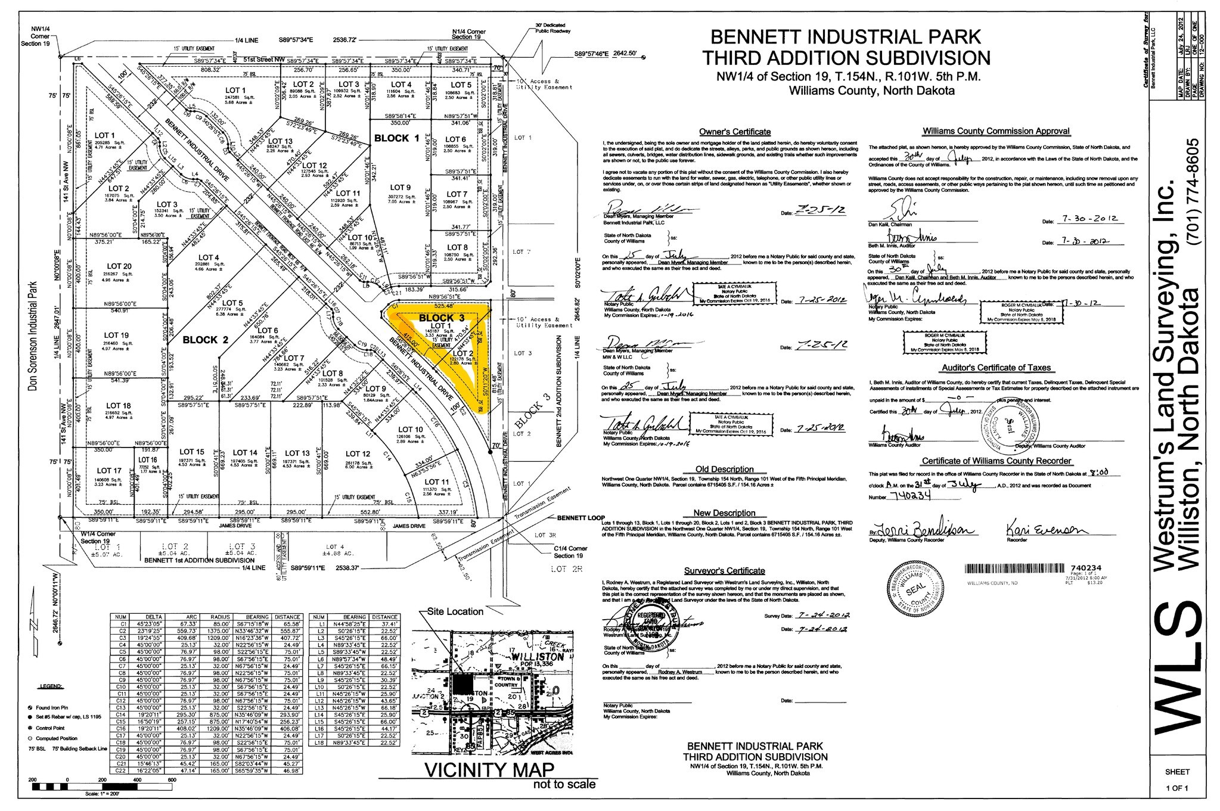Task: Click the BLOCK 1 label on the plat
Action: coord(396,138)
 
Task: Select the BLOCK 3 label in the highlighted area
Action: coord(441,318)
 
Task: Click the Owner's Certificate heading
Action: coord(734,132)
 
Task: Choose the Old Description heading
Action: coord(724,469)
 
